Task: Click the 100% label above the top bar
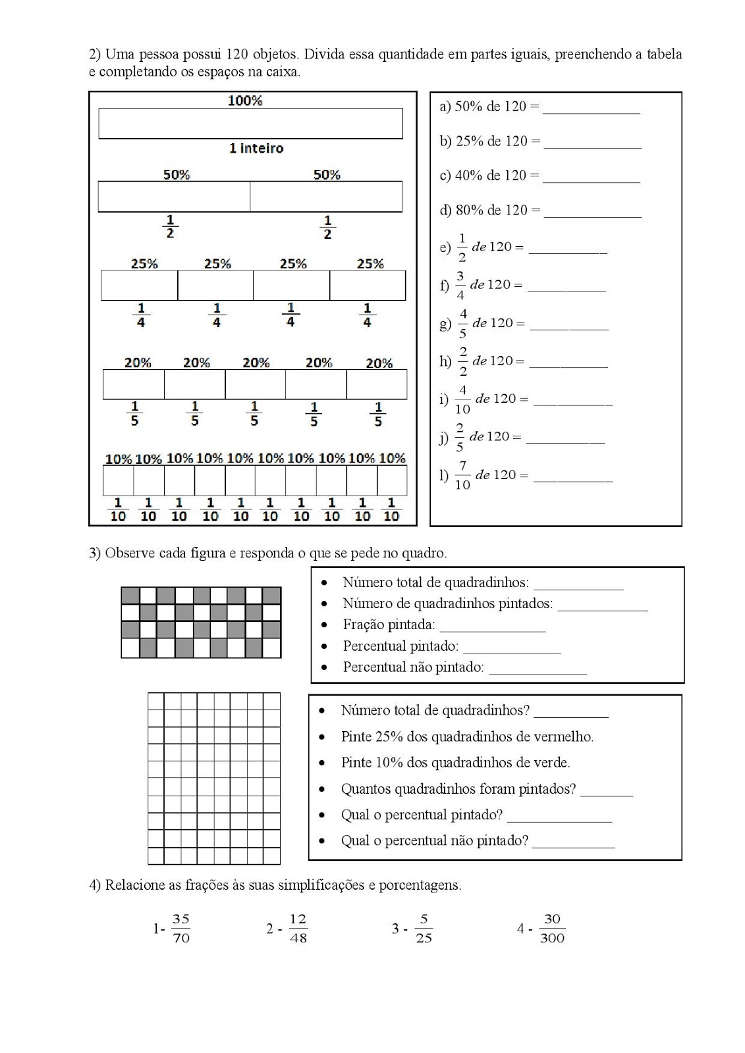(x=245, y=101)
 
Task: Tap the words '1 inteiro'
(x=256, y=149)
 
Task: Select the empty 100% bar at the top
(x=250, y=124)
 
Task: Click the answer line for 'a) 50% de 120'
(x=591, y=109)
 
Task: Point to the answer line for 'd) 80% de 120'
(x=592, y=213)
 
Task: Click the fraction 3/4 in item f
(x=460, y=285)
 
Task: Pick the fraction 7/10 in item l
(x=462, y=475)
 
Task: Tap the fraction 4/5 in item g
(x=462, y=323)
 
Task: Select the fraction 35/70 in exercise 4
(x=181, y=929)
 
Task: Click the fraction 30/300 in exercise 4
(x=552, y=929)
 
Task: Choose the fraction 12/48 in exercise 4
(x=298, y=929)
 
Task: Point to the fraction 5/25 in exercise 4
(x=424, y=929)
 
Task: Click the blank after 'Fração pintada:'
(x=492, y=628)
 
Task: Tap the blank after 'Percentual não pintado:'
(x=538, y=671)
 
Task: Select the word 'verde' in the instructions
(x=552, y=763)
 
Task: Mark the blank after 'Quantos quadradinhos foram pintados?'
(x=606, y=792)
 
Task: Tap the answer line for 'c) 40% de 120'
(x=591, y=178)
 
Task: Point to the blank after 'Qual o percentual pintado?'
(x=559, y=818)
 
